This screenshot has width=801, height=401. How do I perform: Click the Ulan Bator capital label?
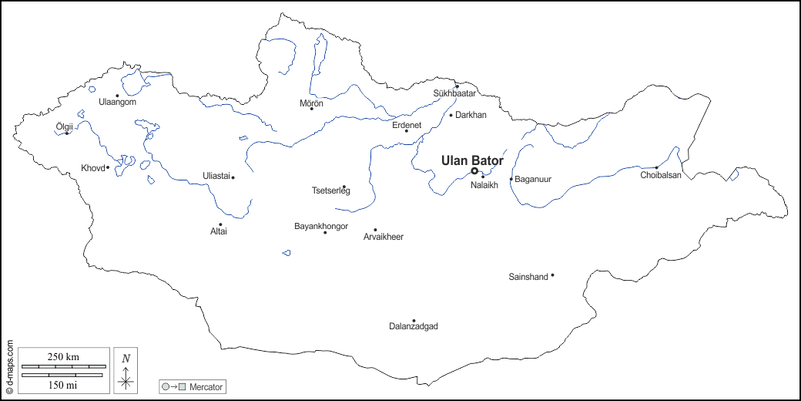coord(472,160)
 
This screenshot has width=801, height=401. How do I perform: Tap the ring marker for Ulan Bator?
coord(474,171)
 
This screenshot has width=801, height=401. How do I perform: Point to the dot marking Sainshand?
coord(552,275)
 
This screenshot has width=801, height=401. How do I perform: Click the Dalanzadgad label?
coord(414,327)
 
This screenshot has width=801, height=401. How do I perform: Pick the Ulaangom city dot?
coord(117,96)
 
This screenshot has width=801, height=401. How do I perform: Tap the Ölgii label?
coord(65,126)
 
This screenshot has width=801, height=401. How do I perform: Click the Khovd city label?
coord(92,168)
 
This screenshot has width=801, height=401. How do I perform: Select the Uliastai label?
coord(216,176)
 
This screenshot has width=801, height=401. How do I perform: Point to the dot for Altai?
coord(220,224)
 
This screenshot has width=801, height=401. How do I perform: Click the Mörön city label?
coord(311,103)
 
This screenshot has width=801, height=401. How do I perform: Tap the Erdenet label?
coord(407,124)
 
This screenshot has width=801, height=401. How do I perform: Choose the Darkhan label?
coord(471,115)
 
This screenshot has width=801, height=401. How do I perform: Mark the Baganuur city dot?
coord(511,179)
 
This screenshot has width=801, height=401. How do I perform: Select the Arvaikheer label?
coord(384,237)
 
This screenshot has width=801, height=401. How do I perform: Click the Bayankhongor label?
coord(321,226)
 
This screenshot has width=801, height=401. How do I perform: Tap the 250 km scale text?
coord(63,357)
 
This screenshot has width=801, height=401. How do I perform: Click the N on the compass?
coord(126,358)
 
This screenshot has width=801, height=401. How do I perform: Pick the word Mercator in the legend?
coord(206,386)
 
